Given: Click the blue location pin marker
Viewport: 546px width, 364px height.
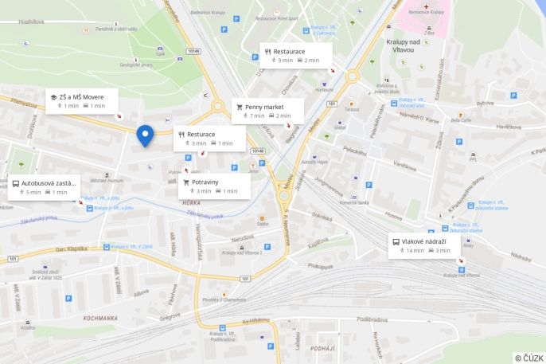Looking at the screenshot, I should (145, 135).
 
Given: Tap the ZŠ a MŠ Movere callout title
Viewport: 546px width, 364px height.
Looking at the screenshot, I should (81, 97).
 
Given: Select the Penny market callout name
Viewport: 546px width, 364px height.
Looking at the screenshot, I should (264, 107).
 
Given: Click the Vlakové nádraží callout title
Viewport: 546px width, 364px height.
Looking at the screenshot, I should (423, 241).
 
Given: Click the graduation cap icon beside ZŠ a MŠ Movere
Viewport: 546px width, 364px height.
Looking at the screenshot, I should (53, 97).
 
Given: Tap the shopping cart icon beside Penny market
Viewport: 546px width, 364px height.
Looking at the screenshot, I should (239, 107).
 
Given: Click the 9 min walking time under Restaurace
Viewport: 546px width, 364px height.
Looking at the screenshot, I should (283, 61).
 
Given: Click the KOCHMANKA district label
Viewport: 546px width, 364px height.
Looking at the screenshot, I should (100, 318).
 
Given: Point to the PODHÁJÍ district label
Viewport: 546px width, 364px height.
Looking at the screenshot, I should (322, 349).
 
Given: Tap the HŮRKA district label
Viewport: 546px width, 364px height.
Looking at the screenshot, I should (191, 203).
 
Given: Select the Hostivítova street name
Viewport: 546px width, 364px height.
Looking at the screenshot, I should (26, 22).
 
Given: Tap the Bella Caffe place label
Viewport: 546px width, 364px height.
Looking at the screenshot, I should (461, 120).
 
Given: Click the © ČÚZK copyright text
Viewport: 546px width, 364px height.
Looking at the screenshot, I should (528, 358).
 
